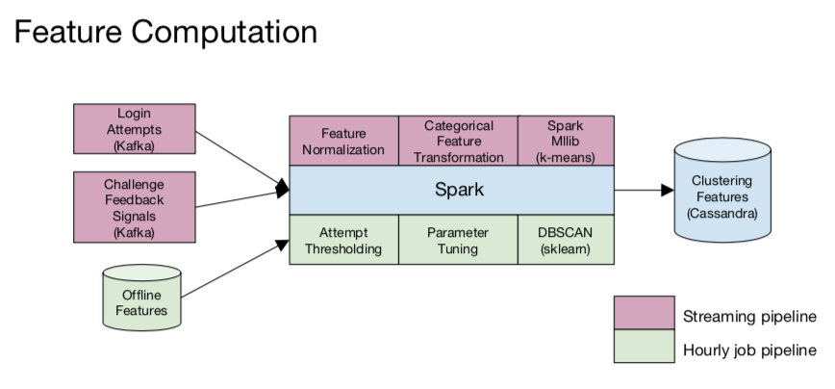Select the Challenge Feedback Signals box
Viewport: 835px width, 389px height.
click(135, 206)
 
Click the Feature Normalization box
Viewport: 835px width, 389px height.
click(343, 141)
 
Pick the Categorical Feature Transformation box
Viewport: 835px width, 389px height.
click(458, 141)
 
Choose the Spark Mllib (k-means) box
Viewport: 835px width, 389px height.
click(566, 141)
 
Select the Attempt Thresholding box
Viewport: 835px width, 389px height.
click(343, 240)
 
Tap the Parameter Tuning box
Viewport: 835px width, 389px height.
click(458, 240)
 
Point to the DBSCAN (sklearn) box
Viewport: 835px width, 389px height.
click(566, 240)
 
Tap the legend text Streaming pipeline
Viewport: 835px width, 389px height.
click(749, 315)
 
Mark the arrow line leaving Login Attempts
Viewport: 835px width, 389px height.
click(240, 157)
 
